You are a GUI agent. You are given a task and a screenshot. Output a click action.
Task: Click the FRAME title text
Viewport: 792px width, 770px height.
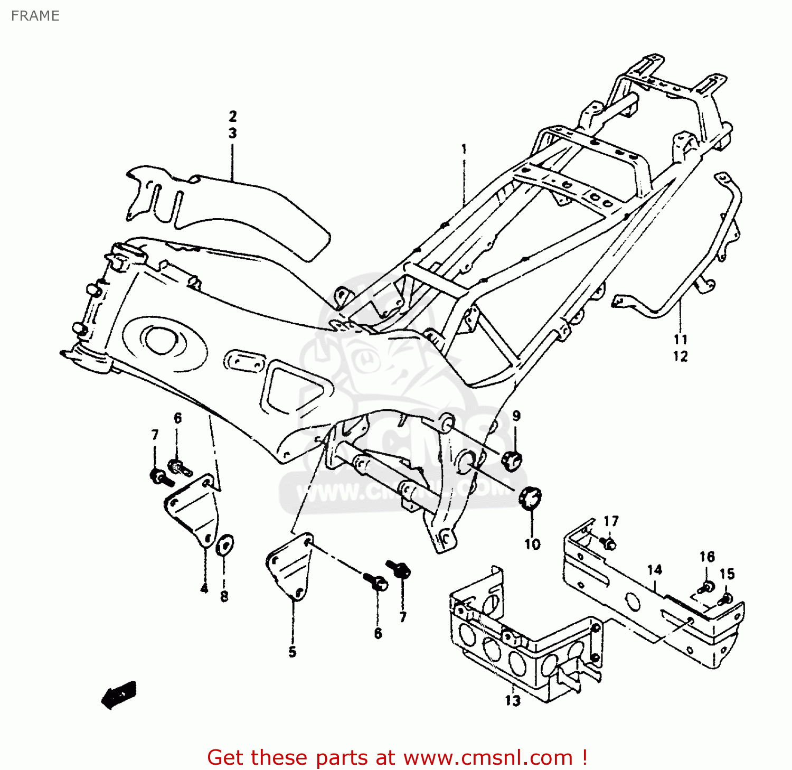click(35, 16)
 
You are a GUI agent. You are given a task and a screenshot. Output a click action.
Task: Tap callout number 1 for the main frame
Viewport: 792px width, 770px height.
click(464, 149)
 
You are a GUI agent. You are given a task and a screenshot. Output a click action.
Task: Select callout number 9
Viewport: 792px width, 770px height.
click(516, 416)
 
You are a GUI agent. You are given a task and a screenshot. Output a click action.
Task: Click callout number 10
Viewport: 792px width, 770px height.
click(532, 544)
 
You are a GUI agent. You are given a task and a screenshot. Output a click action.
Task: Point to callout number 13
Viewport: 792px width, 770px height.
click(512, 701)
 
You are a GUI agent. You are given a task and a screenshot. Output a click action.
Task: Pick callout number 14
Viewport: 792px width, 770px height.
click(654, 570)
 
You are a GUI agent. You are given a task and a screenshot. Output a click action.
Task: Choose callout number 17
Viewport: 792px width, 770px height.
click(611, 521)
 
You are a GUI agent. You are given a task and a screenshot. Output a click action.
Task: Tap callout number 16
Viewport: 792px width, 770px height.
click(707, 557)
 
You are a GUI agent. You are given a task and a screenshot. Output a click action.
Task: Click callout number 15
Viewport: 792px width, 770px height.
click(727, 574)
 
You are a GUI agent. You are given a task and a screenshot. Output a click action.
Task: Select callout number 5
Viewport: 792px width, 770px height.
click(292, 652)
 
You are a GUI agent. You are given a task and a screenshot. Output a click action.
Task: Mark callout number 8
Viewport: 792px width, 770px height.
click(224, 596)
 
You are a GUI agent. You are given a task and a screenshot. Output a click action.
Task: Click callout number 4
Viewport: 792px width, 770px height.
click(204, 588)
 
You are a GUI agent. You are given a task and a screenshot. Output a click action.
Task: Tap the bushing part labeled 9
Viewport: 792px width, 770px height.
click(511, 460)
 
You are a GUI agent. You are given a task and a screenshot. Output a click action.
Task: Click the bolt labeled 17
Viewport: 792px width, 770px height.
click(608, 543)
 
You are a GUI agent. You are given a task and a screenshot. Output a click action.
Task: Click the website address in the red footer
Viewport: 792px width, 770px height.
click(488, 758)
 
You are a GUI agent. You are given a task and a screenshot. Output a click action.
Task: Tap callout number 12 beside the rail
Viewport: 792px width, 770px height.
click(680, 356)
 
